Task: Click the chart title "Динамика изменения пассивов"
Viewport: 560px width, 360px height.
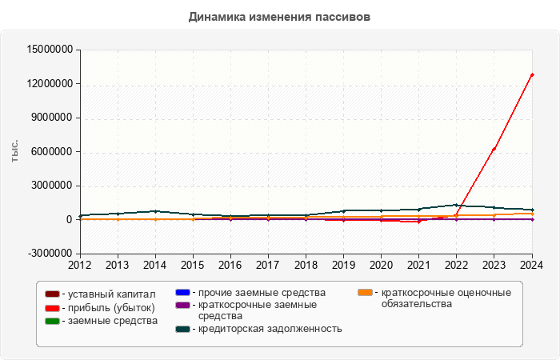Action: coord(279,17)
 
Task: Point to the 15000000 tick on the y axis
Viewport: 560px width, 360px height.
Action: coord(50,50)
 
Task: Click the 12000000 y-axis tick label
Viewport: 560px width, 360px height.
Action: coord(50,84)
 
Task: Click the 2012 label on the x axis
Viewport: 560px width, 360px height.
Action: coord(79,265)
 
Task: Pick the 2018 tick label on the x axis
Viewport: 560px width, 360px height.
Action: coord(306,265)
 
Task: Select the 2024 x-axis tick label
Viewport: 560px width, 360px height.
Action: coord(532,265)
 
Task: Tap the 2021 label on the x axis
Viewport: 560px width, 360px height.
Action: coord(418,265)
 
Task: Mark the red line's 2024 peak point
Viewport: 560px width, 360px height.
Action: coord(532,74)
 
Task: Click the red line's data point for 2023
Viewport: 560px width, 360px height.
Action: coord(494,149)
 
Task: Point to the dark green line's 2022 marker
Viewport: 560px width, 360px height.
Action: coord(457,205)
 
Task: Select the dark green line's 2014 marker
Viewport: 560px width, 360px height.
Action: coord(155,211)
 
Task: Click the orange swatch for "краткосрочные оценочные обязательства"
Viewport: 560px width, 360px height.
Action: coord(365,292)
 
